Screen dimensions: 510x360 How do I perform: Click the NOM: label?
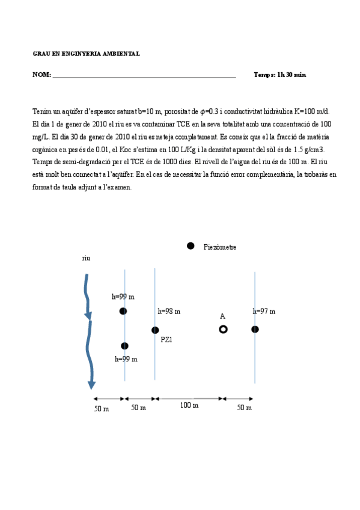41,75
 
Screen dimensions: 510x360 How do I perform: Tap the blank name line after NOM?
144,76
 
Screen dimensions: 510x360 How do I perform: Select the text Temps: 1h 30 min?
279,75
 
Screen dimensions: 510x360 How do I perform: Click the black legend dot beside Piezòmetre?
191,245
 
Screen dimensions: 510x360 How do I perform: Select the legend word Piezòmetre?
220,247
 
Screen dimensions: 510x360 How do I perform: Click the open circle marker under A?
223,329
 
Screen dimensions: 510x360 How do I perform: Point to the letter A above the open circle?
222,316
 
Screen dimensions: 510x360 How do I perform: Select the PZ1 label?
166,339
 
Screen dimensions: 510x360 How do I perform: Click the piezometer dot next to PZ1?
155,330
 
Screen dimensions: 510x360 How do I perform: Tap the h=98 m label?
169,312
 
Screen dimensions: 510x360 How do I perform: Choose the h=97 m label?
264,312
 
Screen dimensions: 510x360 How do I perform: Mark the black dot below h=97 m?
255,329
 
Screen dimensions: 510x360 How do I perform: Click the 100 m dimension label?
189,405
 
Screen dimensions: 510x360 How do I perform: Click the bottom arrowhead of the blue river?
91,384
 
